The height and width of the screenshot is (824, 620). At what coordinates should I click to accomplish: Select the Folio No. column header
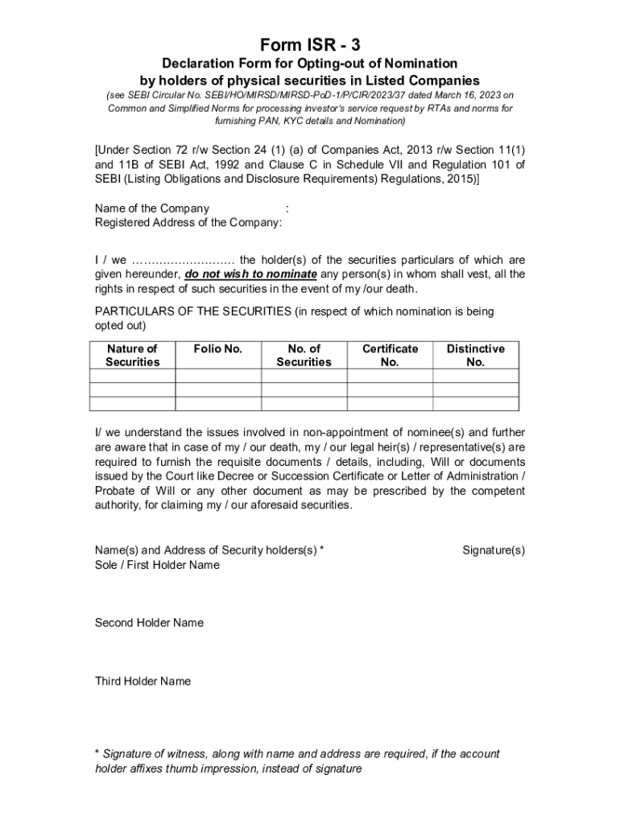coord(218,348)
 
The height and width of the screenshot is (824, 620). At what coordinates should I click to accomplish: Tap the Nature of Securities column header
coord(132,355)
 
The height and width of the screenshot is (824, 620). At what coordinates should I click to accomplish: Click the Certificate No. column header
coord(390,355)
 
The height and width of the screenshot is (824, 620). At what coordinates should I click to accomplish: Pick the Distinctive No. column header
coord(476,355)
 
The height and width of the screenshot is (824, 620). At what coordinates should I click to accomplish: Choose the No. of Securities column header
coord(304,355)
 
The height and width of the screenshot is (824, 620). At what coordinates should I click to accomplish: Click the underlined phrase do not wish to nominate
coord(250,274)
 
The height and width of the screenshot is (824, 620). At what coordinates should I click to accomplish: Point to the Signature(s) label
coord(494,550)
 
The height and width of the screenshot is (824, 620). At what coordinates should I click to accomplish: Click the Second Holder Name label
coord(149,623)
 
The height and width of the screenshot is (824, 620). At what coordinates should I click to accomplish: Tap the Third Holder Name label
coord(143,682)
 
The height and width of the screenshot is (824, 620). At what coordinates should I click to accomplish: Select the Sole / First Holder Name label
coord(157,565)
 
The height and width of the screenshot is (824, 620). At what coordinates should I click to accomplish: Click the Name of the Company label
coord(152,208)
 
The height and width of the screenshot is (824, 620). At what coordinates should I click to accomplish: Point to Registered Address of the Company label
coord(188,223)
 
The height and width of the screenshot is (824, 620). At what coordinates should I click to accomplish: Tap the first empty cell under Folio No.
coord(218,376)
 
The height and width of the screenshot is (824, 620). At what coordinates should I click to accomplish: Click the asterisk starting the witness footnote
coord(97,754)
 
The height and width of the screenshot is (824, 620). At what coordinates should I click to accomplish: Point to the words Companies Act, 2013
coord(369,151)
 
